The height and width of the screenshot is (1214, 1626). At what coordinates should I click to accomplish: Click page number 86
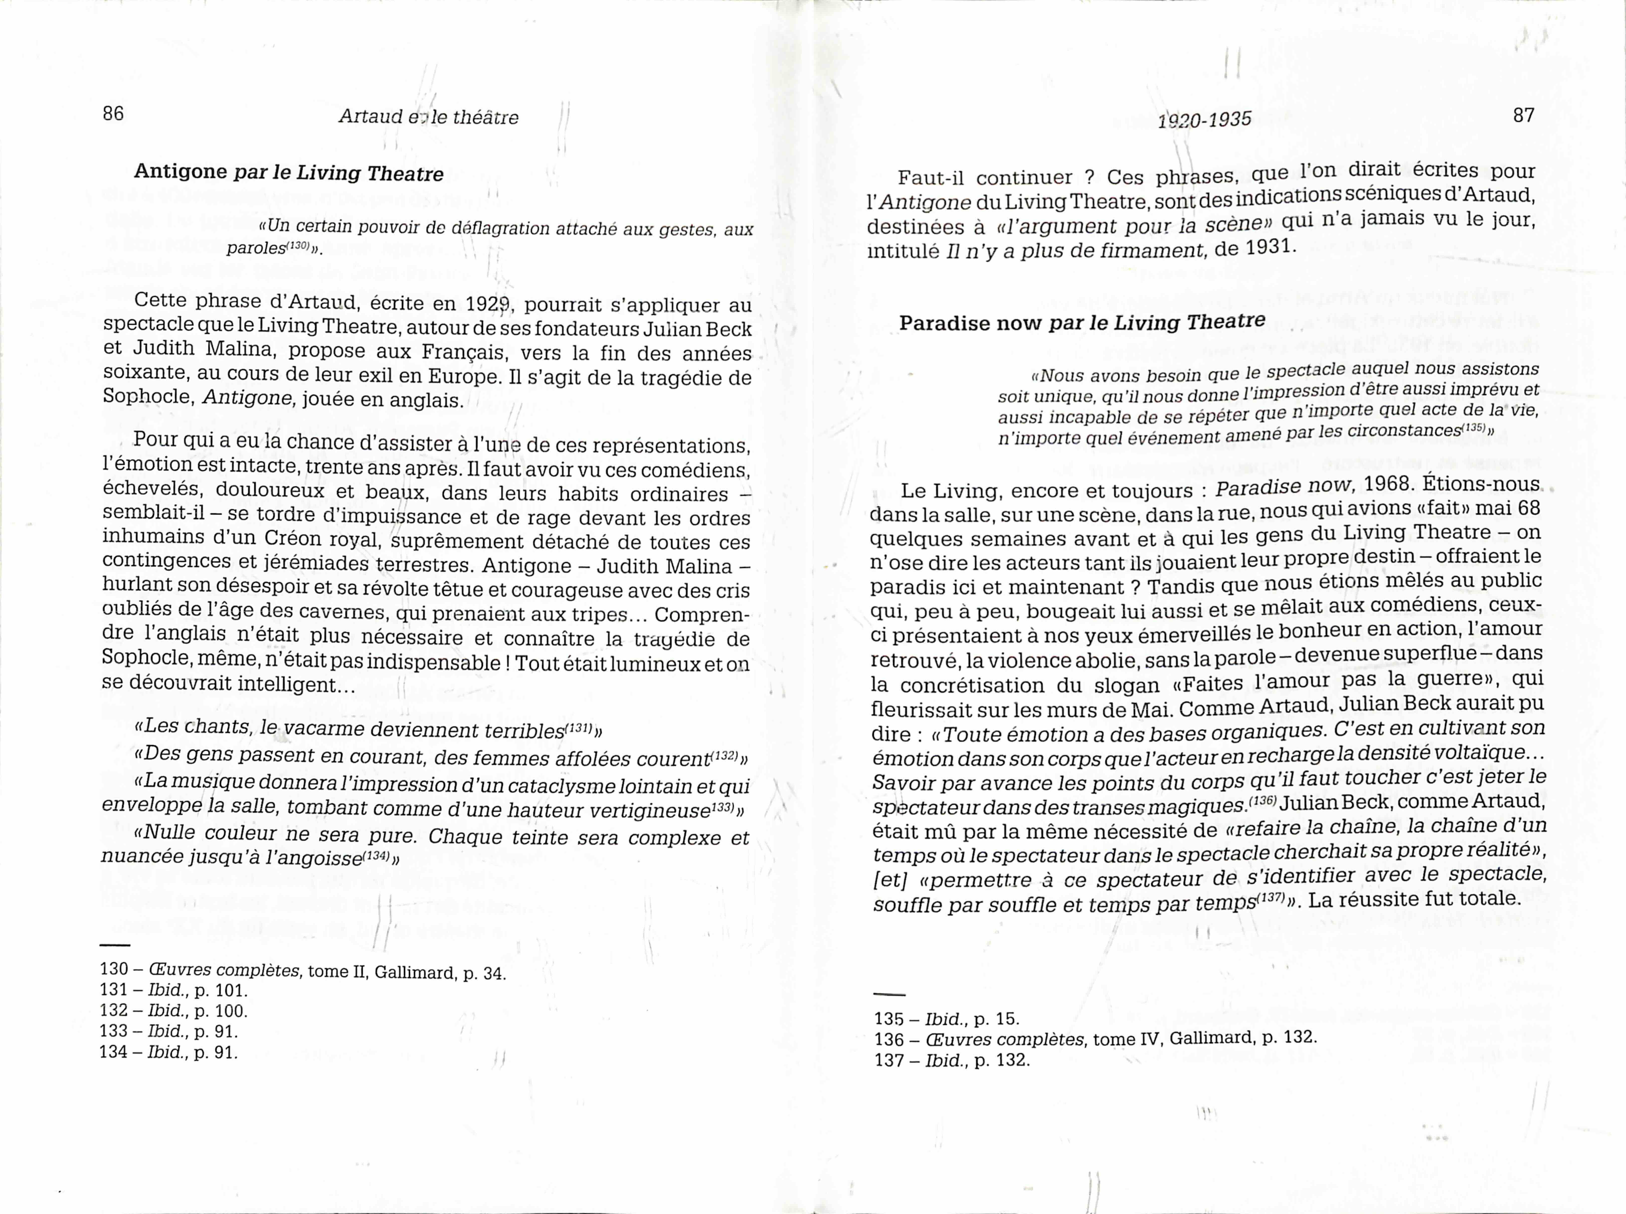[x=113, y=114]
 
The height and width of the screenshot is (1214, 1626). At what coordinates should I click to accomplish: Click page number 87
[x=1524, y=115]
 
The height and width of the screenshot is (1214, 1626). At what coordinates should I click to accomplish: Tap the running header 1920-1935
[x=1204, y=119]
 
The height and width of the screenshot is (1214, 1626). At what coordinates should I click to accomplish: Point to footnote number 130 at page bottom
[x=114, y=970]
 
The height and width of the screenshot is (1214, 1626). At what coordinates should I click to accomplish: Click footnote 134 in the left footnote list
[x=114, y=1052]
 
